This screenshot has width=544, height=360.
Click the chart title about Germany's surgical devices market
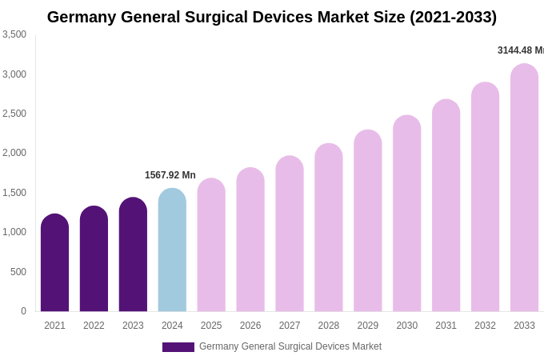coord(272,17)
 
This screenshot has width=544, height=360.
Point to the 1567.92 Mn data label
coord(170,175)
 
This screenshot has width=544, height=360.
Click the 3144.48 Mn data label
coord(521,50)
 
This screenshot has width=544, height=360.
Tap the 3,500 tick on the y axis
coord(14,34)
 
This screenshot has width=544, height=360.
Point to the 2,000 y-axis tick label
coord(14,153)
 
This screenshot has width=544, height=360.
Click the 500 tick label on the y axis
coord(18,272)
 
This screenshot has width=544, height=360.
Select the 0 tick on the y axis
coord(23,311)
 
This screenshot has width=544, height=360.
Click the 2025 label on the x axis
coord(211,326)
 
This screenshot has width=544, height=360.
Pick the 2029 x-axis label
coord(368,326)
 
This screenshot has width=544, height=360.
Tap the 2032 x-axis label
coord(485,326)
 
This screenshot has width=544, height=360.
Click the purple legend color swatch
coord(178,347)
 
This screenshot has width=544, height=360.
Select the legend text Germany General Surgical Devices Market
coord(290,346)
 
